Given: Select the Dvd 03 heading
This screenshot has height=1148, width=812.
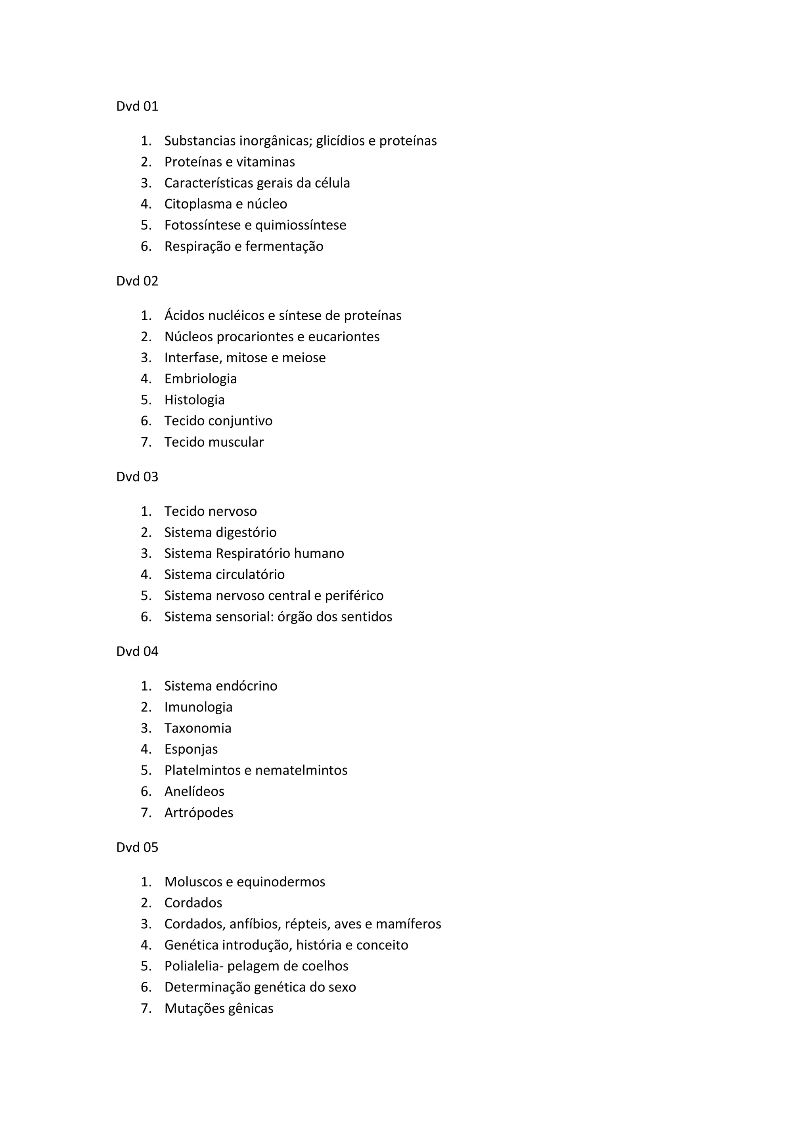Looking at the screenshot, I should tap(137, 476).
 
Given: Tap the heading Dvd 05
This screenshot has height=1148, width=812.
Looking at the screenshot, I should tap(137, 847).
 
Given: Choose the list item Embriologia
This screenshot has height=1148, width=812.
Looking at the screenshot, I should tap(201, 379).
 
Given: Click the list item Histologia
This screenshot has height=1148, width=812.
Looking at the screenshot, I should tap(195, 400).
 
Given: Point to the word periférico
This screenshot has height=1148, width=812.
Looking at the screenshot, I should tap(354, 595).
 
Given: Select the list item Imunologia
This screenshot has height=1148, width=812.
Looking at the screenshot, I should tap(199, 707).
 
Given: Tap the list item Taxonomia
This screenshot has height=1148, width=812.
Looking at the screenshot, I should tap(198, 728).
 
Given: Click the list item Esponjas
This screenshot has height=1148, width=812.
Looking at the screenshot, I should tap(191, 750).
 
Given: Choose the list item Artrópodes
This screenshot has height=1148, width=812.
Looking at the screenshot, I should tap(199, 813).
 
